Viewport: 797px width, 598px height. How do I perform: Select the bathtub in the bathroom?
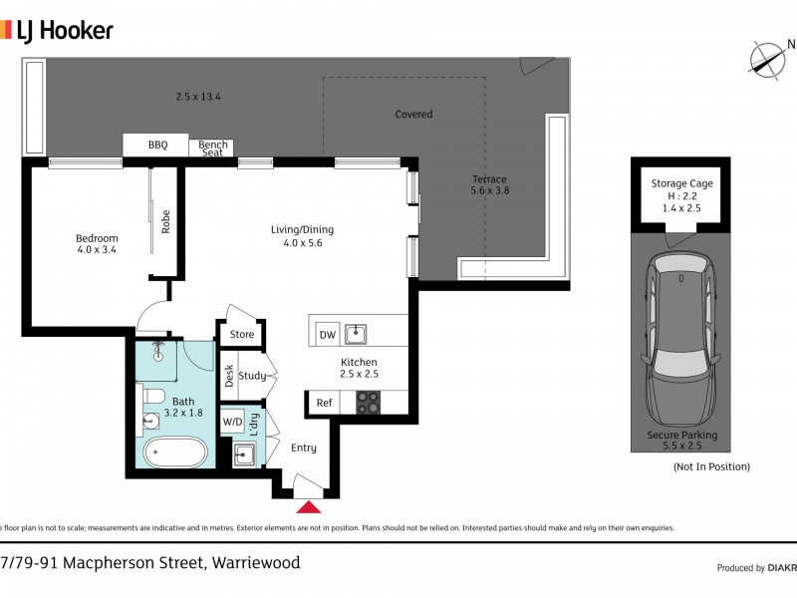pyautogui.click(x=176, y=453)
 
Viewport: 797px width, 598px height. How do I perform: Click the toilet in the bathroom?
pyautogui.click(x=152, y=399)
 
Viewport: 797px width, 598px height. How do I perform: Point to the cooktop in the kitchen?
pyautogui.click(x=368, y=403)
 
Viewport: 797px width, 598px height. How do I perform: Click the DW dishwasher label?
pyautogui.click(x=327, y=336)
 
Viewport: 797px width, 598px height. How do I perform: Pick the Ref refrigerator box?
pyautogui.click(x=324, y=403)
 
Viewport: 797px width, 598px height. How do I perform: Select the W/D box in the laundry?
pyautogui.click(x=232, y=422)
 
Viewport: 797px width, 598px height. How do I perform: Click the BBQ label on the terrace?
pyautogui.click(x=157, y=146)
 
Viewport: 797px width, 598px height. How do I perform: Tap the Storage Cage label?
pyautogui.click(x=681, y=183)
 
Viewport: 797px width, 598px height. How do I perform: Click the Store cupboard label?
pyautogui.click(x=242, y=334)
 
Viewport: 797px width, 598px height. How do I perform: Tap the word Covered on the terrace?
pyautogui.click(x=413, y=114)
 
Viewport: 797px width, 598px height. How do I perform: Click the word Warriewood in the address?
pyautogui.click(x=256, y=563)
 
